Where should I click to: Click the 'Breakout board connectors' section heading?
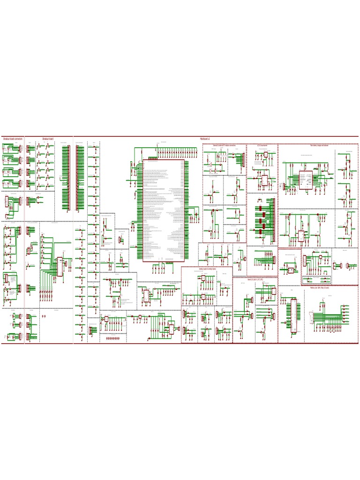coord(13,139)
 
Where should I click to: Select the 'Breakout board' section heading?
coord(48,139)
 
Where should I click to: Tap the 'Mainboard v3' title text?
coord(205,139)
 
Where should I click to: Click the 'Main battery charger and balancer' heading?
coord(319,146)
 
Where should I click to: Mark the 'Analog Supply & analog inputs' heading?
coord(207,269)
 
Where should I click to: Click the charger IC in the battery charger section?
coord(306,180)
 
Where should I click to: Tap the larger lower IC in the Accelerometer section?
coord(264,180)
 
